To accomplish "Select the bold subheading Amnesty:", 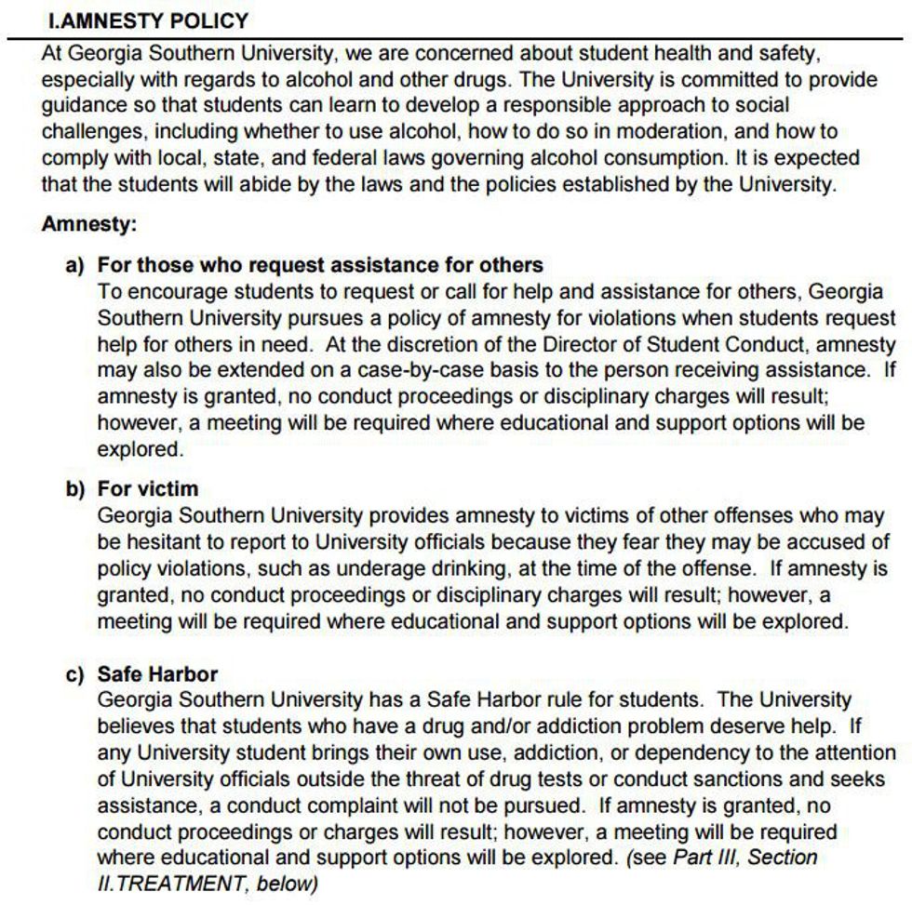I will click(x=88, y=224).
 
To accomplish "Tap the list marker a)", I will click(x=75, y=266).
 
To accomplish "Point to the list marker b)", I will click(x=75, y=489).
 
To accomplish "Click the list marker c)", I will click(x=75, y=674).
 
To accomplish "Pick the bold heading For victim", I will click(x=148, y=489).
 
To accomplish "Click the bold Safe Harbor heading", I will click(x=158, y=674).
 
